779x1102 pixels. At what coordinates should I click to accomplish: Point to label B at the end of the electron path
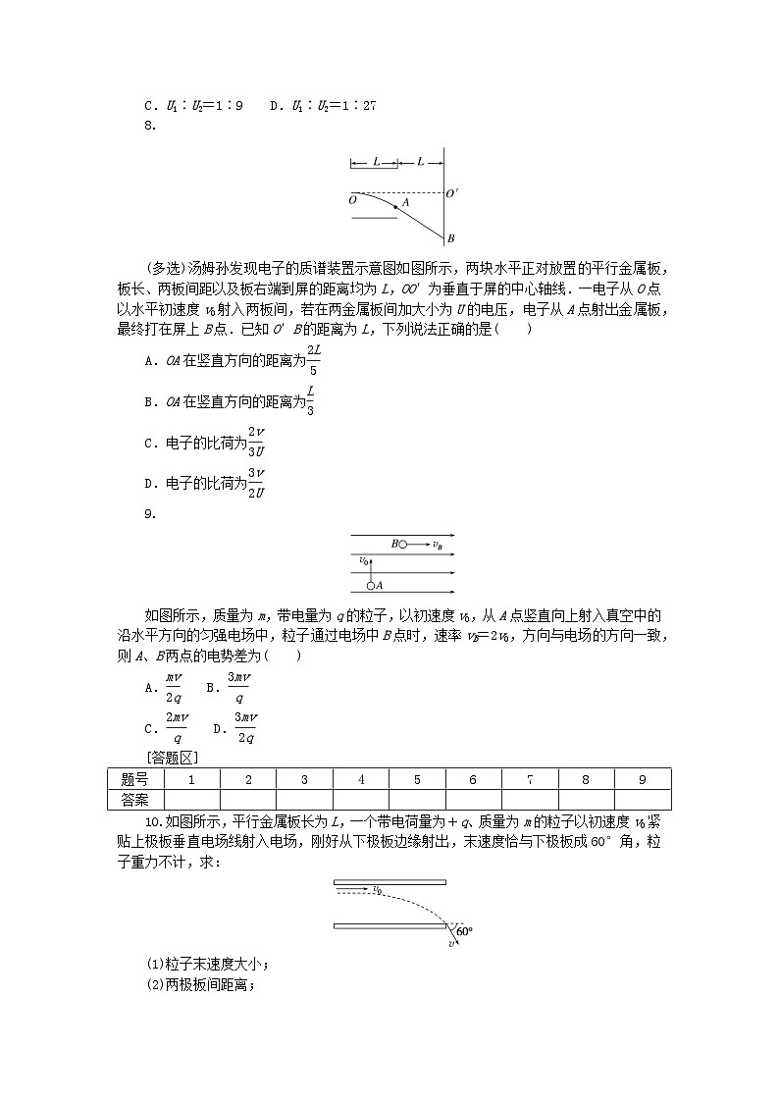point(450,238)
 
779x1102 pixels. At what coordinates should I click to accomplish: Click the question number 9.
point(148,512)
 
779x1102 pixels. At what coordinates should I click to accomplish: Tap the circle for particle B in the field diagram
point(402,543)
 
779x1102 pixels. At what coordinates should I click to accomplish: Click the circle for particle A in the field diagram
point(371,586)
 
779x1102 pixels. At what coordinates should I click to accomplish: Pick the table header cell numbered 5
point(417,778)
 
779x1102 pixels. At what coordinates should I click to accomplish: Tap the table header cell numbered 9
point(642,778)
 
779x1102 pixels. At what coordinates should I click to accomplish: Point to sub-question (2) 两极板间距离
point(200,985)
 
